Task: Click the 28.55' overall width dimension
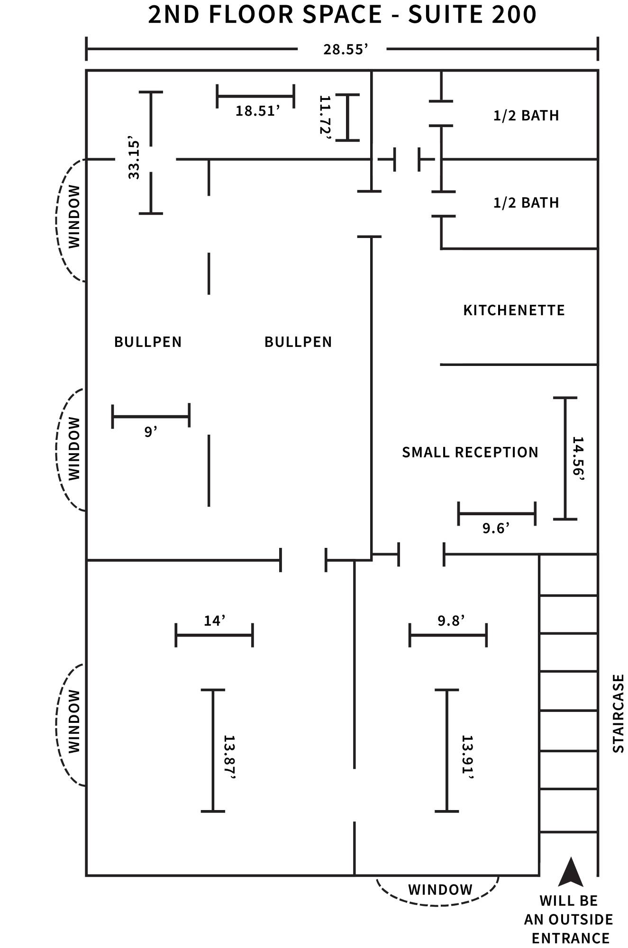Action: click(x=346, y=49)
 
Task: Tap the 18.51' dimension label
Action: click(x=257, y=111)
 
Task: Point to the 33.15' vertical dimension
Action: click(x=134, y=159)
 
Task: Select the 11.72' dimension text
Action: click(x=325, y=117)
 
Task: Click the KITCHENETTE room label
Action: click(x=514, y=310)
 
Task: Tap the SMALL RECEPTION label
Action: click(x=470, y=452)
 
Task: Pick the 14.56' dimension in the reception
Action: click(x=578, y=458)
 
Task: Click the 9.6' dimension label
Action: click(x=496, y=528)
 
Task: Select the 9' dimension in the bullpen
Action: click(x=151, y=432)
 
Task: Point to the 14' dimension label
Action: click(x=214, y=620)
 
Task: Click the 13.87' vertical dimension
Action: click(x=229, y=757)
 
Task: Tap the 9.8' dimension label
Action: click(x=451, y=620)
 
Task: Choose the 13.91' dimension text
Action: click(x=468, y=757)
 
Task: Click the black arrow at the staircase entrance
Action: click(x=571, y=871)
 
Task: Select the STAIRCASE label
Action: click(x=619, y=713)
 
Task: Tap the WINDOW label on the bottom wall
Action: click(x=440, y=890)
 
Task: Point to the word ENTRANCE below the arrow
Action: click(x=571, y=938)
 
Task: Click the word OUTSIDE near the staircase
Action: click(x=581, y=920)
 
